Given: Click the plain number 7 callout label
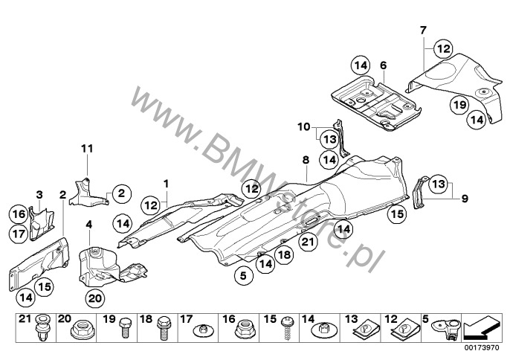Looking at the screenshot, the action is point(422,30).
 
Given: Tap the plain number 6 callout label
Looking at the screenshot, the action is point(384,65).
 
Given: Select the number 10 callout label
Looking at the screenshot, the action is point(304,126).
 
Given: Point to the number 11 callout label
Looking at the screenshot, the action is point(87,149).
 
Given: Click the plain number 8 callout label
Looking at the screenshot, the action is point(306,160).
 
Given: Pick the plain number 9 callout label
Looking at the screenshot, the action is point(465,198).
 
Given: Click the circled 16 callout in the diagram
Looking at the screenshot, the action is point(19,214).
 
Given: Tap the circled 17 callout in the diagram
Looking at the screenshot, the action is point(19,234).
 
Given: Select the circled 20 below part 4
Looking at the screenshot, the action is point(95,298).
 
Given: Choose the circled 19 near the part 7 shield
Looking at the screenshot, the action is point(460,105).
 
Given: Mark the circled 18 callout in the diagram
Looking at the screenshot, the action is point(284,254).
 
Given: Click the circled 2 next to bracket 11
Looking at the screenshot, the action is point(122,193).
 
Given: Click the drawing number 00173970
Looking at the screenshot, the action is point(482,347).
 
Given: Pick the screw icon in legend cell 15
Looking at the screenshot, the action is point(287,328).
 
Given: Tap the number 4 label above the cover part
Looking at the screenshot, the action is point(89,225).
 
